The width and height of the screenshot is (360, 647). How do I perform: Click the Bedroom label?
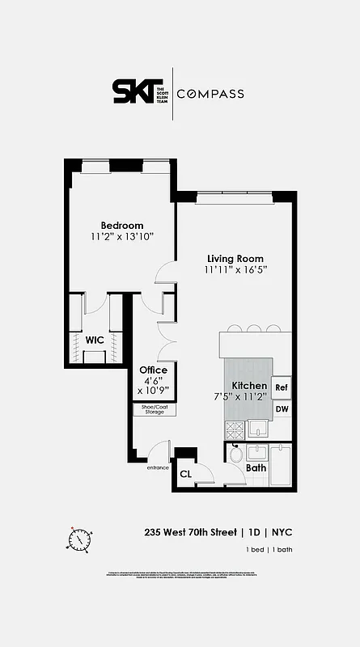pos(122,225)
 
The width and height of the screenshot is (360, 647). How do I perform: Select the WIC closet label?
pos(95,340)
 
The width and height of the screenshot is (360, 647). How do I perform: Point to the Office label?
pos(154,370)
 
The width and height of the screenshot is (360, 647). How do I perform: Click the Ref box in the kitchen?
pos(282,387)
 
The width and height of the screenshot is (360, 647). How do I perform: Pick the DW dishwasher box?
pos(282,410)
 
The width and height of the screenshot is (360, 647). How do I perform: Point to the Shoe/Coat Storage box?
pos(154,409)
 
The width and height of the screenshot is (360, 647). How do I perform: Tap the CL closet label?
pos(185,474)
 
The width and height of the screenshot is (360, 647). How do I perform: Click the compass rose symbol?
pos(80,537)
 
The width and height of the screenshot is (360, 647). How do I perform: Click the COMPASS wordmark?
pos(210,94)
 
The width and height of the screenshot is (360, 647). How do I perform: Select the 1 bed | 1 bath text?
pos(269,550)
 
